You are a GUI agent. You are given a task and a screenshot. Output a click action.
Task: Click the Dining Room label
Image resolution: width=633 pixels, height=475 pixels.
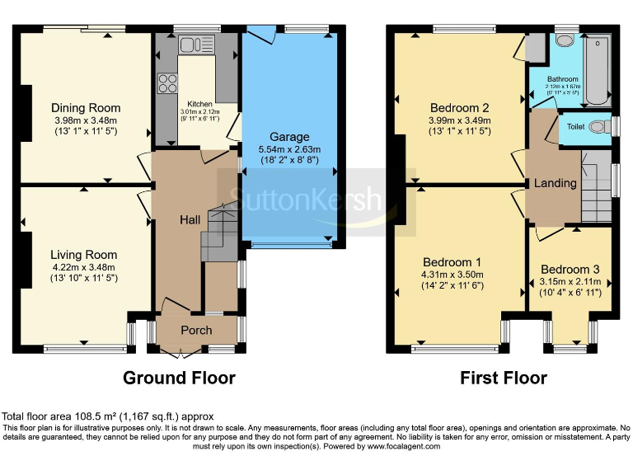(86, 108)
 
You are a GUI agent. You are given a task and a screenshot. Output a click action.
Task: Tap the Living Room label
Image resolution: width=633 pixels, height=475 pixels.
(83, 255)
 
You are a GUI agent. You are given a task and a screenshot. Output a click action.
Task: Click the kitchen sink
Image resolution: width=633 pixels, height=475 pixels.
(185, 45)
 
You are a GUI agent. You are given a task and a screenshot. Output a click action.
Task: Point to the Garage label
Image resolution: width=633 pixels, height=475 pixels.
(289, 137)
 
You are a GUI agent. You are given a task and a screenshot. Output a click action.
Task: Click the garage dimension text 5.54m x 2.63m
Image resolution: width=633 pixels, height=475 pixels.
(289, 150)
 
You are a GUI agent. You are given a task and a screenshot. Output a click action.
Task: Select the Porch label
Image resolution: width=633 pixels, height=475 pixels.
(196, 331)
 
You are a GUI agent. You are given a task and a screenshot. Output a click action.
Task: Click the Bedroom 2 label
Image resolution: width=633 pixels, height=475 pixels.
(459, 107)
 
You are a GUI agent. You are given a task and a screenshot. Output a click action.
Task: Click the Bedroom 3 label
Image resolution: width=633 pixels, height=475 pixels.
(570, 270)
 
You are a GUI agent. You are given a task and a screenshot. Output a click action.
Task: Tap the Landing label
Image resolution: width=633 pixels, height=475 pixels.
(555, 183)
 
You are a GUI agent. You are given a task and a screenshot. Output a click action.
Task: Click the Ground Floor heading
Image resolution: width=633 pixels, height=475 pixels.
(179, 379)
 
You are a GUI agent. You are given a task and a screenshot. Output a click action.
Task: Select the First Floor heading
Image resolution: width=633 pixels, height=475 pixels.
(504, 379)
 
